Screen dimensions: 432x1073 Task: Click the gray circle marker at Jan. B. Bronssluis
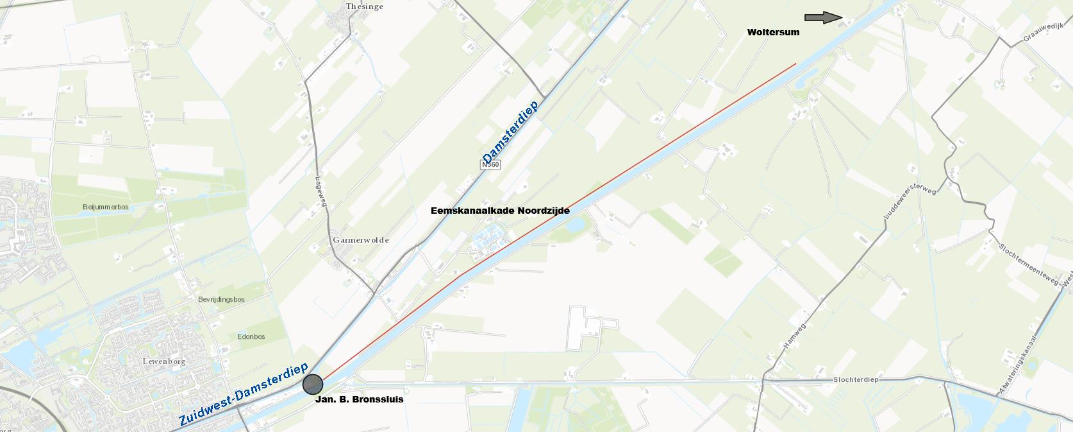[x=312, y=384]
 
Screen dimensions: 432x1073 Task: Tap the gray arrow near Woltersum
[x=823, y=18]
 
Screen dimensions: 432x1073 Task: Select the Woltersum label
[x=773, y=32]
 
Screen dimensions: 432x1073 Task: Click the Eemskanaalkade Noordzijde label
[x=500, y=211]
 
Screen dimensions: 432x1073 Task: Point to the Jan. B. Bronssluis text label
[x=359, y=399]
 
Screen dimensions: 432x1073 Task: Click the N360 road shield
[x=490, y=165]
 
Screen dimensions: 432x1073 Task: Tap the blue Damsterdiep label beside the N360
[x=510, y=132]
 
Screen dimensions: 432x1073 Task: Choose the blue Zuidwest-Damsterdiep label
[x=244, y=395]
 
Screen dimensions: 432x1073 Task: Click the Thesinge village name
[x=364, y=6]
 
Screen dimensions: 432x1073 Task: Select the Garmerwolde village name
[x=361, y=240]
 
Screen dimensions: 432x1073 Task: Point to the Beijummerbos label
[x=106, y=207]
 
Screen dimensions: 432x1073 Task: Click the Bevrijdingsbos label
[x=221, y=300]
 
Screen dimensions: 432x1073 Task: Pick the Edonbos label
[x=251, y=336]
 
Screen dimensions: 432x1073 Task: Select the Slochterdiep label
[x=855, y=379]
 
